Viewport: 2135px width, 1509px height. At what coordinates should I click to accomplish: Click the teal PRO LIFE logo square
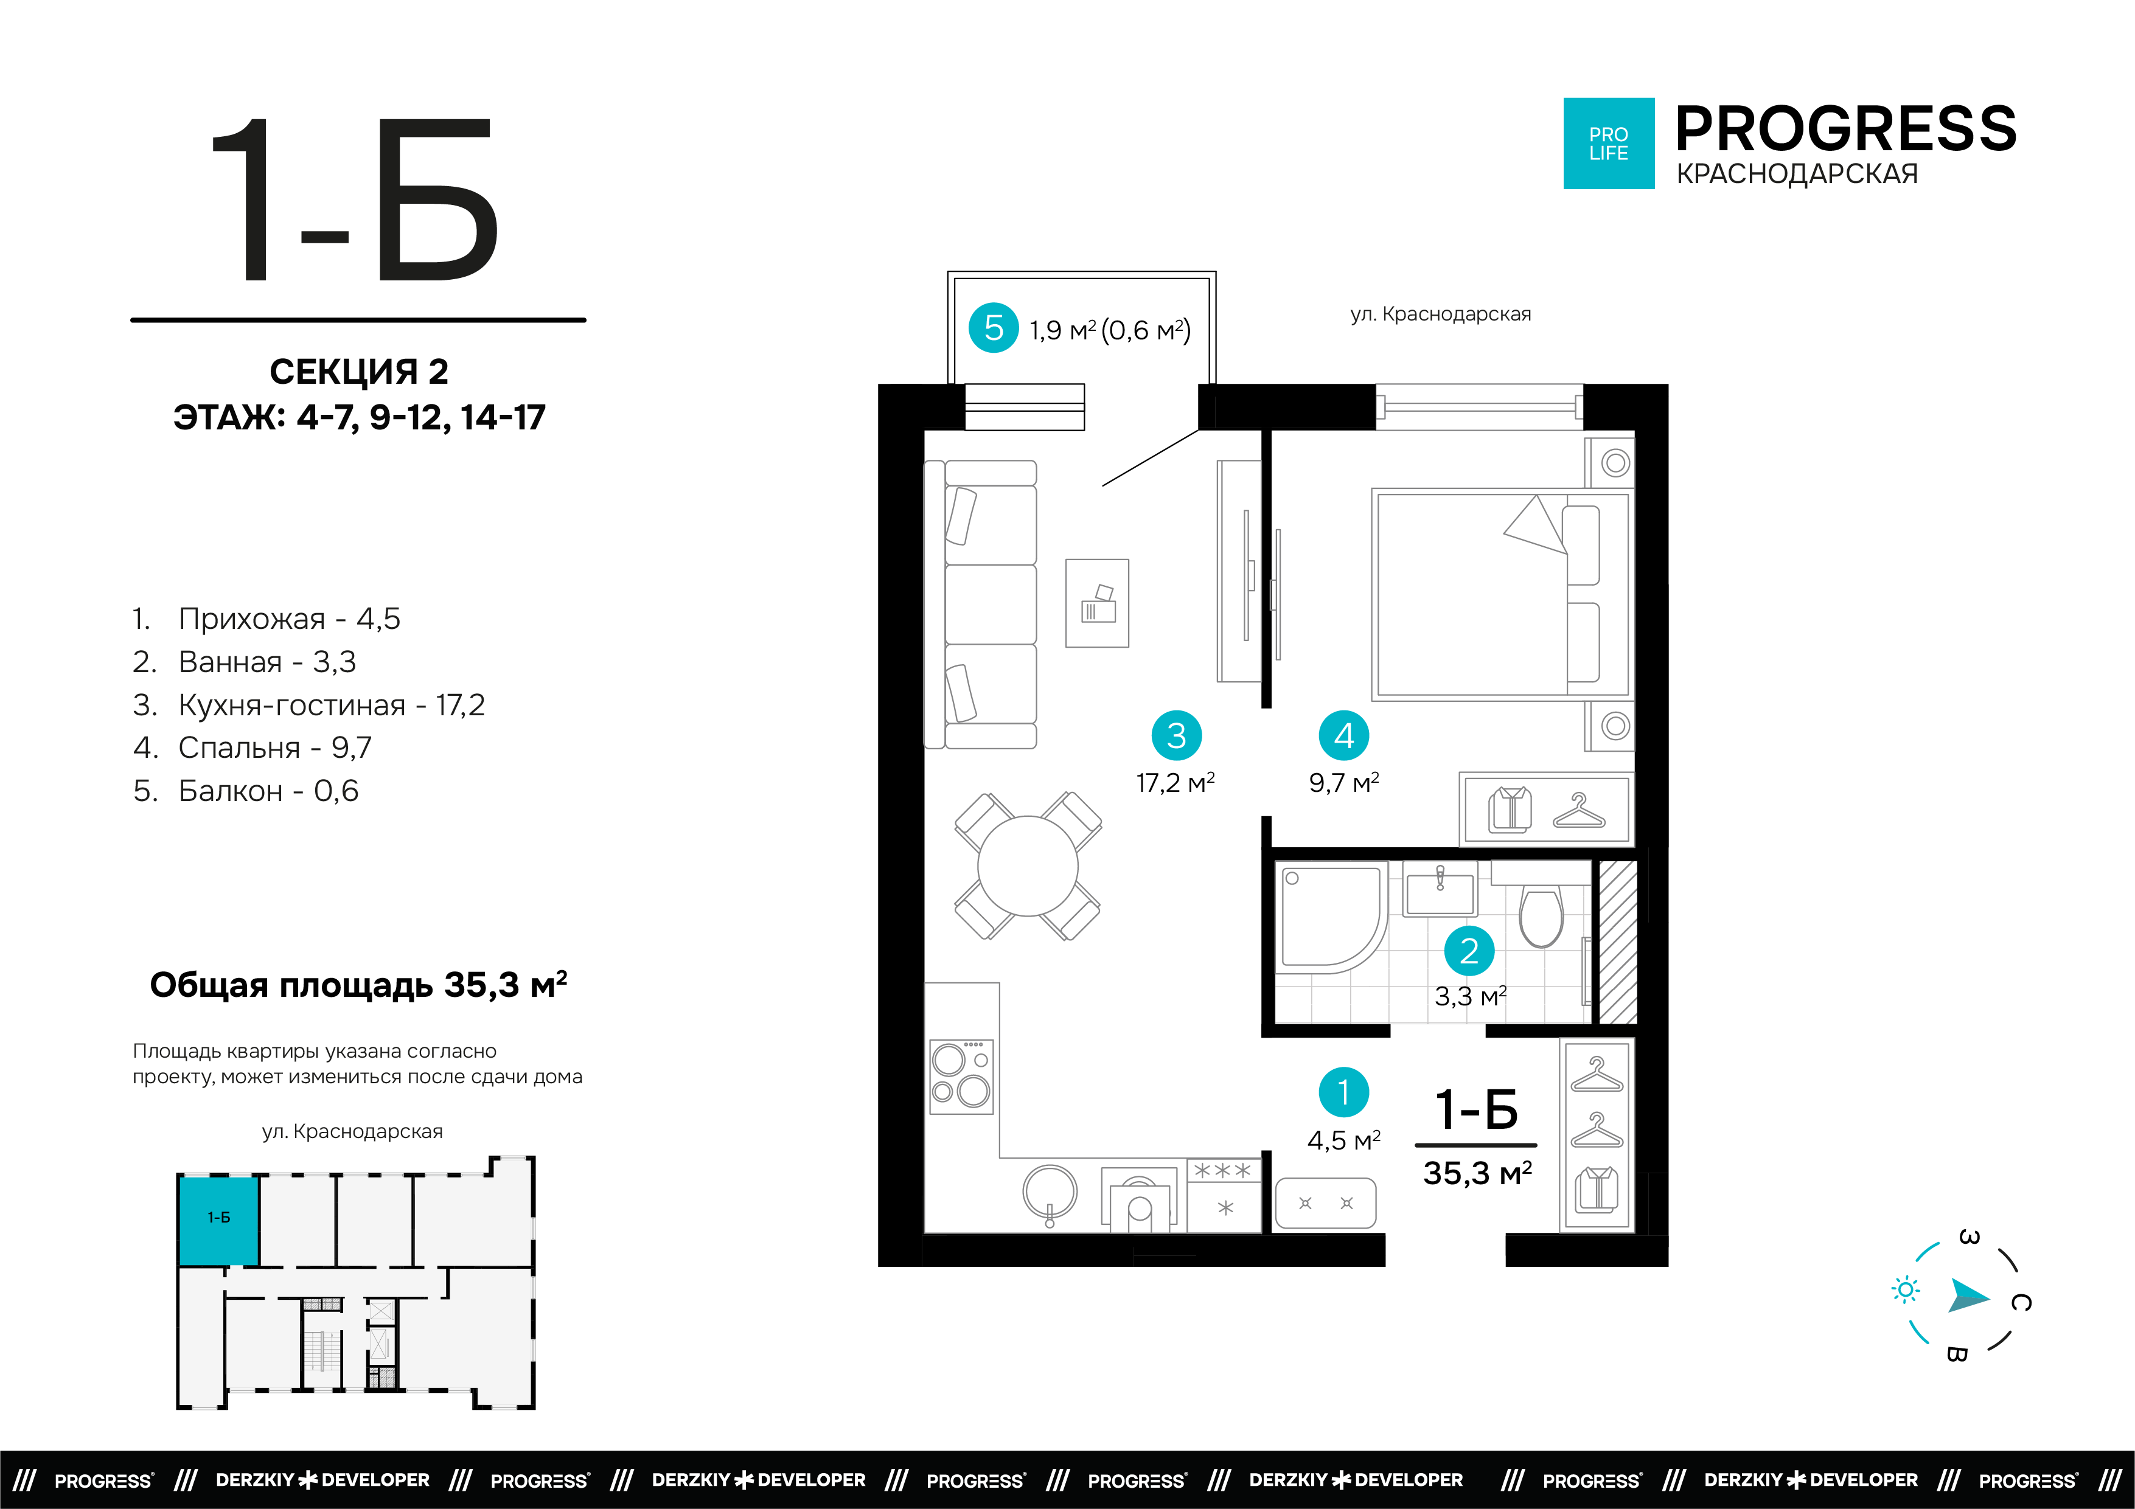click(1609, 143)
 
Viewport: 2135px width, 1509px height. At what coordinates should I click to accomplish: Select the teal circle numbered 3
click(1176, 735)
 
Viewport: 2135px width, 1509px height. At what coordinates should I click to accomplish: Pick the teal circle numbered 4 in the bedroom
click(1343, 735)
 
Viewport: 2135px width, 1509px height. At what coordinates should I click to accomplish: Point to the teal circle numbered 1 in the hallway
click(1343, 1092)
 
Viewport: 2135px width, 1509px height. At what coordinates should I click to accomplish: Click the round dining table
click(1028, 866)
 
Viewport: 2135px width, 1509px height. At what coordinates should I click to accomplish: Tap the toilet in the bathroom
click(1541, 916)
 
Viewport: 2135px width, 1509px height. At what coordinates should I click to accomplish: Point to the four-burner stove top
click(961, 1077)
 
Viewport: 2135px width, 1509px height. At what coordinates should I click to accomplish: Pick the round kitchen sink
click(1050, 1193)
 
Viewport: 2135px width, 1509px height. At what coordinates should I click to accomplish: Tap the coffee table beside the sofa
click(1097, 603)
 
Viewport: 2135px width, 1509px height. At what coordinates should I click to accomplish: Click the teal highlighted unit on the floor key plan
click(218, 1221)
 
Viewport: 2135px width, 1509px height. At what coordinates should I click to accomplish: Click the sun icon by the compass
click(1906, 1289)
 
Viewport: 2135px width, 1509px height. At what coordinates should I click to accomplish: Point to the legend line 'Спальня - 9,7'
click(252, 748)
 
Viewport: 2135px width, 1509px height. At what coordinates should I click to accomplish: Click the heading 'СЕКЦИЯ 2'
click(359, 372)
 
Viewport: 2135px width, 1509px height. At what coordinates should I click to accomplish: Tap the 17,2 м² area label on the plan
click(1175, 783)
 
